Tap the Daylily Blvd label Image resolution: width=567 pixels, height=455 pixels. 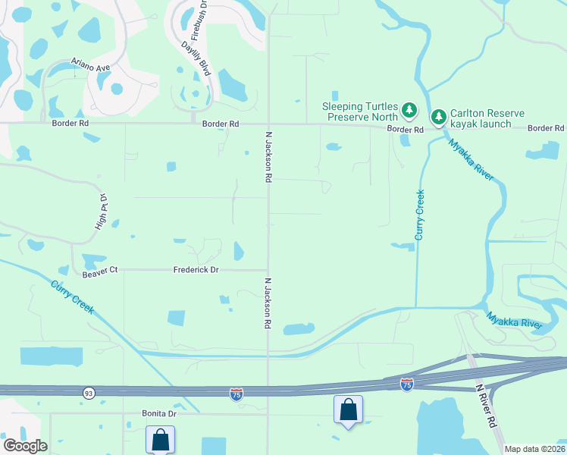(x=194, y=58)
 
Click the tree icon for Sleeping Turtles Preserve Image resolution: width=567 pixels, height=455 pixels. (x=409, y=111)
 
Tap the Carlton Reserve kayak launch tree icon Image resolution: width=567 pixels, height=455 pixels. (x=438, y=117)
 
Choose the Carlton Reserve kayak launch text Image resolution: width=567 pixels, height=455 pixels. (x=487, y=118)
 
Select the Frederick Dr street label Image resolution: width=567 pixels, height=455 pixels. (x=196, y=269)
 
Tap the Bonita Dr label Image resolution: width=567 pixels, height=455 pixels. (x=159, y=413)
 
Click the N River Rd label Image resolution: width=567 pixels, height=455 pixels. (x=486, y=406)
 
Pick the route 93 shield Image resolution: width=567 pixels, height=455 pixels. (x=89, y=392)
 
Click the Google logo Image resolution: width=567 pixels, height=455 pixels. (x=24, y=446)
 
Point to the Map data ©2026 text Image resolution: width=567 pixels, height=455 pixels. (x=534, y=449)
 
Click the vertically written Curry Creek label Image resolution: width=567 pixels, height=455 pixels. (x=419, y=215)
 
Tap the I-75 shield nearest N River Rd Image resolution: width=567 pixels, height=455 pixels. (x=407, y=385)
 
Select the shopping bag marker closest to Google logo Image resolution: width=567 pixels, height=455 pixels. (x=160, y=438)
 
